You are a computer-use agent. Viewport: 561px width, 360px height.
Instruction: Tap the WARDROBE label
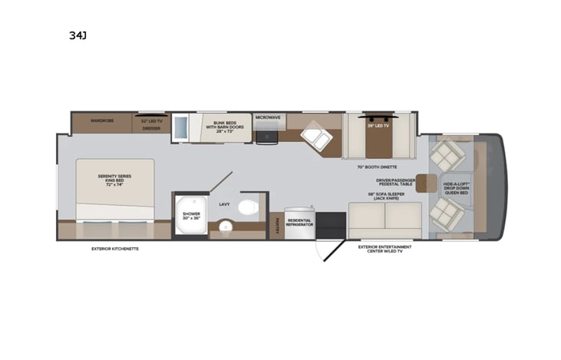(102, 121)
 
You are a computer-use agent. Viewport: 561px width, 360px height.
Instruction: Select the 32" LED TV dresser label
(150, 124)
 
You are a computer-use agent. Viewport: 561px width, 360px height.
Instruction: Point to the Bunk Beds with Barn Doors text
(224, 127)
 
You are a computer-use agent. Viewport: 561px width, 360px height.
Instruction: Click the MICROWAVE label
(268, 117)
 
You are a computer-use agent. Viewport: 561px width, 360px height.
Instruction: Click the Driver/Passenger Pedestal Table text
(395, 183)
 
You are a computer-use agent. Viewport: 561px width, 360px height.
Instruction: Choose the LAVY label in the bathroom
(225, 204)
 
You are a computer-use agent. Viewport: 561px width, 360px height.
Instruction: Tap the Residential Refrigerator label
(299, 223)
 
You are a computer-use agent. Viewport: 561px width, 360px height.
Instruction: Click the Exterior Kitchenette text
(115, 249)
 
